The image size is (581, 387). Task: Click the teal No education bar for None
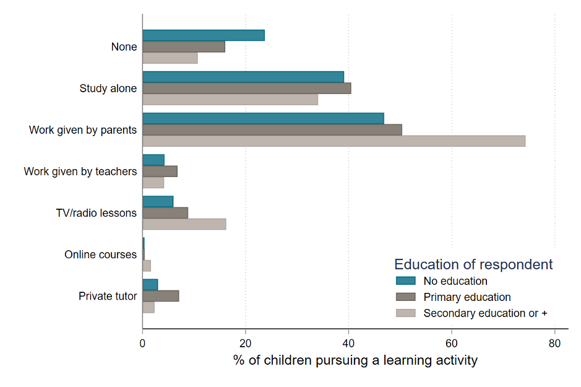[x=204, y=35]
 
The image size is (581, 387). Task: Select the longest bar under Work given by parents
[x=334, y=141]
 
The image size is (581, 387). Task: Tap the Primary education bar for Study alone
[x=246, y=88]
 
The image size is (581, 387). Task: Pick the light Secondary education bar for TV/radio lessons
[x=184, y=224]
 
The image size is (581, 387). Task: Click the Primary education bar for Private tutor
[x=160, y=296]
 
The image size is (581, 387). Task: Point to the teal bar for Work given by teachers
[x=153, y=160]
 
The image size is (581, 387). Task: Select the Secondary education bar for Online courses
[x=147, y=266]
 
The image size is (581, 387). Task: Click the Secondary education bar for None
[x=170, y=58]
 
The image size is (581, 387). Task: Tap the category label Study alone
[x=108, y=89]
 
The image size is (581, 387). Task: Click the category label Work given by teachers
[x=80, y=172]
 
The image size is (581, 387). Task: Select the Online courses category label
[x=100, y=254]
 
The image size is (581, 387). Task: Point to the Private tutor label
[x=107, y=296]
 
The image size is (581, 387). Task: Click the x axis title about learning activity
[x=355, y=360]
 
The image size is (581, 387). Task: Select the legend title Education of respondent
[x=473, y=264]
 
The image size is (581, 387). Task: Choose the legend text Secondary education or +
[x=485, y=313]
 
